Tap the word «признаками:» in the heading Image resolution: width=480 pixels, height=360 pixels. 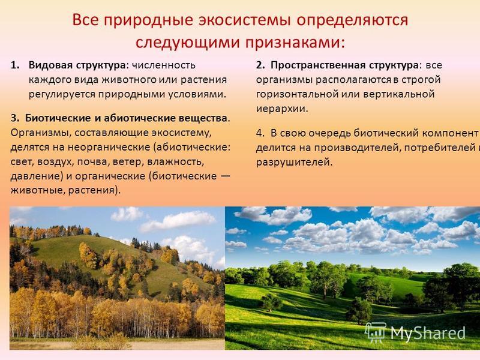pos(294,43)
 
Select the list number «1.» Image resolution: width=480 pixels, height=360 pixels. pos(15,65)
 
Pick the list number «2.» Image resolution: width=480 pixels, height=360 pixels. pos(260,65)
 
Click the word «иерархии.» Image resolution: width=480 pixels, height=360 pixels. pos(282,109)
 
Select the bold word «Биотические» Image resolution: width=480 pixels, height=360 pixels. pos(58,118)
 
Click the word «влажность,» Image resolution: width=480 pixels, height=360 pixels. pos(176,161)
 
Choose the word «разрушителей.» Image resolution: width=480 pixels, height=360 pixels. pos(294,162)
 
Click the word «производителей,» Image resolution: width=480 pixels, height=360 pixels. pos(356,148)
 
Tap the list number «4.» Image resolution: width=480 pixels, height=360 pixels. pos(260,133)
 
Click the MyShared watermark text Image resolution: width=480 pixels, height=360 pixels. pos(428,333)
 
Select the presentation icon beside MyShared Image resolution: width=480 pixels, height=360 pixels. pos(376,332)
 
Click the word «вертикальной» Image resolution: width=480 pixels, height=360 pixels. pos(399,94)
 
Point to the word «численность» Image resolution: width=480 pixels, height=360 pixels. pos(163,65)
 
